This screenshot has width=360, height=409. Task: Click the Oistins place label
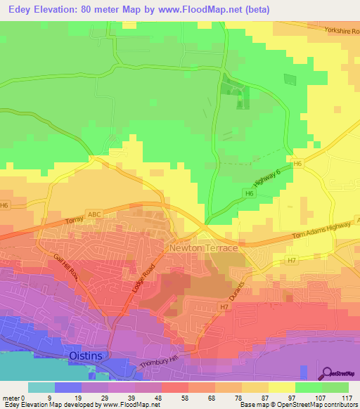point(86,356)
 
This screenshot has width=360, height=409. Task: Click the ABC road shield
point(94,214)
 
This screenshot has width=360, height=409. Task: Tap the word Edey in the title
point(22,10)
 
